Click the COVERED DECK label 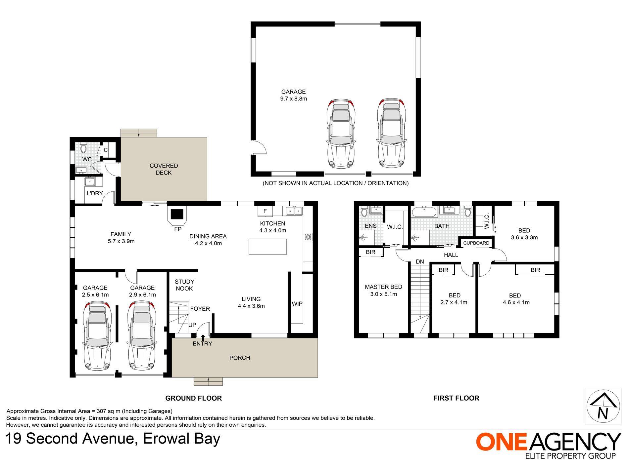coord(164,169)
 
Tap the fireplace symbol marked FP coord(177,214)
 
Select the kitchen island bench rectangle coord(267,247)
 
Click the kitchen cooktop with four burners coord(308,237)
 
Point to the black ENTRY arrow coord(203,337)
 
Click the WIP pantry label coord(297,304)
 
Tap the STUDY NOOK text coord(184,285)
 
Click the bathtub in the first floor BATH coord(424,212)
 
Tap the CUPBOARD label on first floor coord(476,243)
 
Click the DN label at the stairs coord(420,261)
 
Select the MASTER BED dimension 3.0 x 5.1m coord(383,294)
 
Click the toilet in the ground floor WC coord(83,148)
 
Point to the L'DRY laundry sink coord(89,181)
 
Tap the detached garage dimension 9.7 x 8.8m coord(293,99)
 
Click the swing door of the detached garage coord(259,147)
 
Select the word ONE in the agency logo coord(501,442)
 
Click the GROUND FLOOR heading coord(193,398)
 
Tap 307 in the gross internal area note coord(101,411)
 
